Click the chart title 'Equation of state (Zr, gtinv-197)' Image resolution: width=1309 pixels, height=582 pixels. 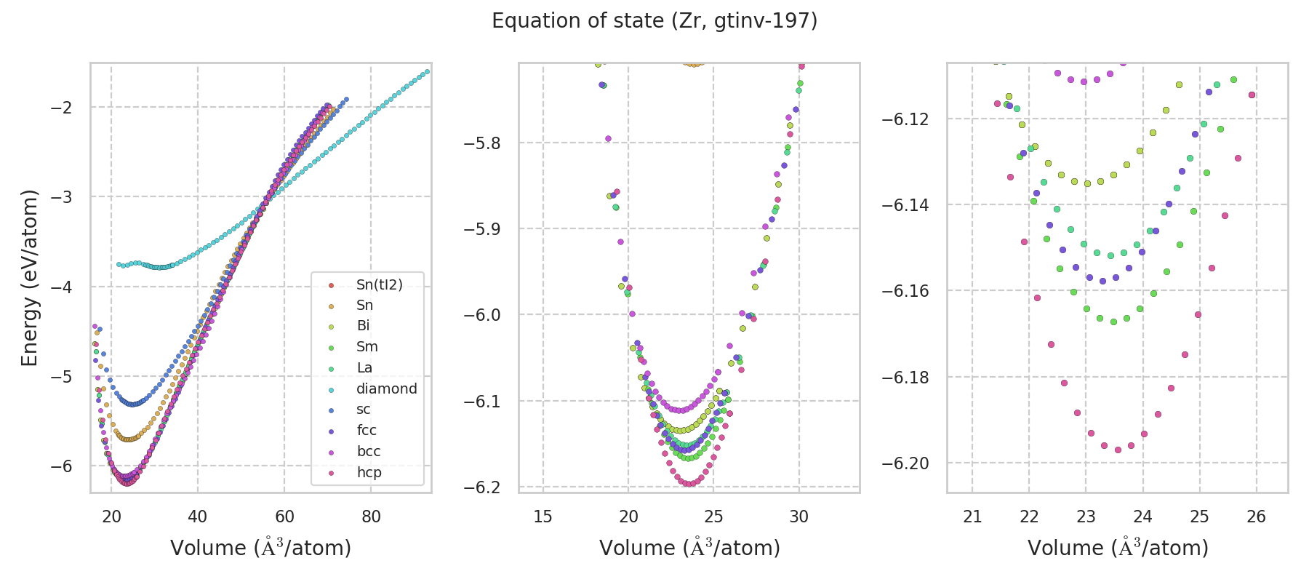tap(654, 21)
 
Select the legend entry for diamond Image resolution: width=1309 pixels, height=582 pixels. tap(386, 389)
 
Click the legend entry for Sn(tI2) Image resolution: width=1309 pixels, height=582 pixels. tap(379, 284)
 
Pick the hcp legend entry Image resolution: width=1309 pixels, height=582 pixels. tap(369, 473)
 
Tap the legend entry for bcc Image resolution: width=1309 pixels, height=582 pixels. tap(369, 452)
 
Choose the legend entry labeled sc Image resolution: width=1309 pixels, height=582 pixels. tap(364, 410)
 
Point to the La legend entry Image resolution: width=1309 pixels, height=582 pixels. tap(364, 368)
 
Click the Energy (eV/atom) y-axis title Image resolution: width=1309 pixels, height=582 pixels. tap(29, 278)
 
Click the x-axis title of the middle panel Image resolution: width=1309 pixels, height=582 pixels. tap(689, 548)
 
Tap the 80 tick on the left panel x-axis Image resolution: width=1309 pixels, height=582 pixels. tap(371, 517)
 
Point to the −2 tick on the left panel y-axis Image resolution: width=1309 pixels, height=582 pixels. tap(61, 108)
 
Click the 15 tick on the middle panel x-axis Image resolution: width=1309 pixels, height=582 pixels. tap(543, 517)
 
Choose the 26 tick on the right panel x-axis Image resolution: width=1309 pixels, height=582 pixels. tap(1257, 517)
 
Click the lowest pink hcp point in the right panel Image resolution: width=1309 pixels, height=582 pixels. tap(1118, 450)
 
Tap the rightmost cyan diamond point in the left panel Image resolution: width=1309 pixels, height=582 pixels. tap(427, 71)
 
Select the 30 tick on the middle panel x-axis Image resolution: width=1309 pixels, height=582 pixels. tap(799, 517)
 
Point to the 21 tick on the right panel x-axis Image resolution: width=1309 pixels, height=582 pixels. tap(972, 517)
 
